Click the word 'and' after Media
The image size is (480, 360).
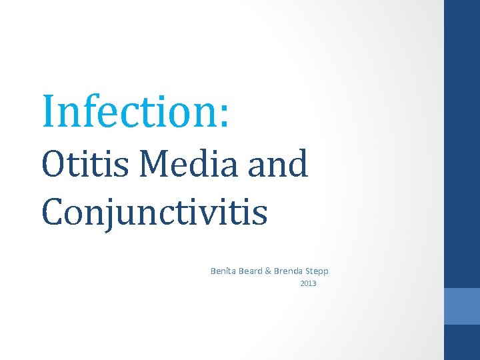click(x=278, y=164)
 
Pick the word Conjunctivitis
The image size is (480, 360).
click(x=154, y=212)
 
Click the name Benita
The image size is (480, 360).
click(x=223, y=271)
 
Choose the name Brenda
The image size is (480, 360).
click(x=289, y=271)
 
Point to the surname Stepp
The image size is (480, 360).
click(x=317, y=271)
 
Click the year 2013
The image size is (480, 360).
click(x=308, y=284)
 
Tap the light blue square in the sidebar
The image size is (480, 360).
click(x=461, y=306)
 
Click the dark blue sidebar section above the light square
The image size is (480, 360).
click(x=461, y=143)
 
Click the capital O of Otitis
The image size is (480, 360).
click(x=53, y=165)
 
